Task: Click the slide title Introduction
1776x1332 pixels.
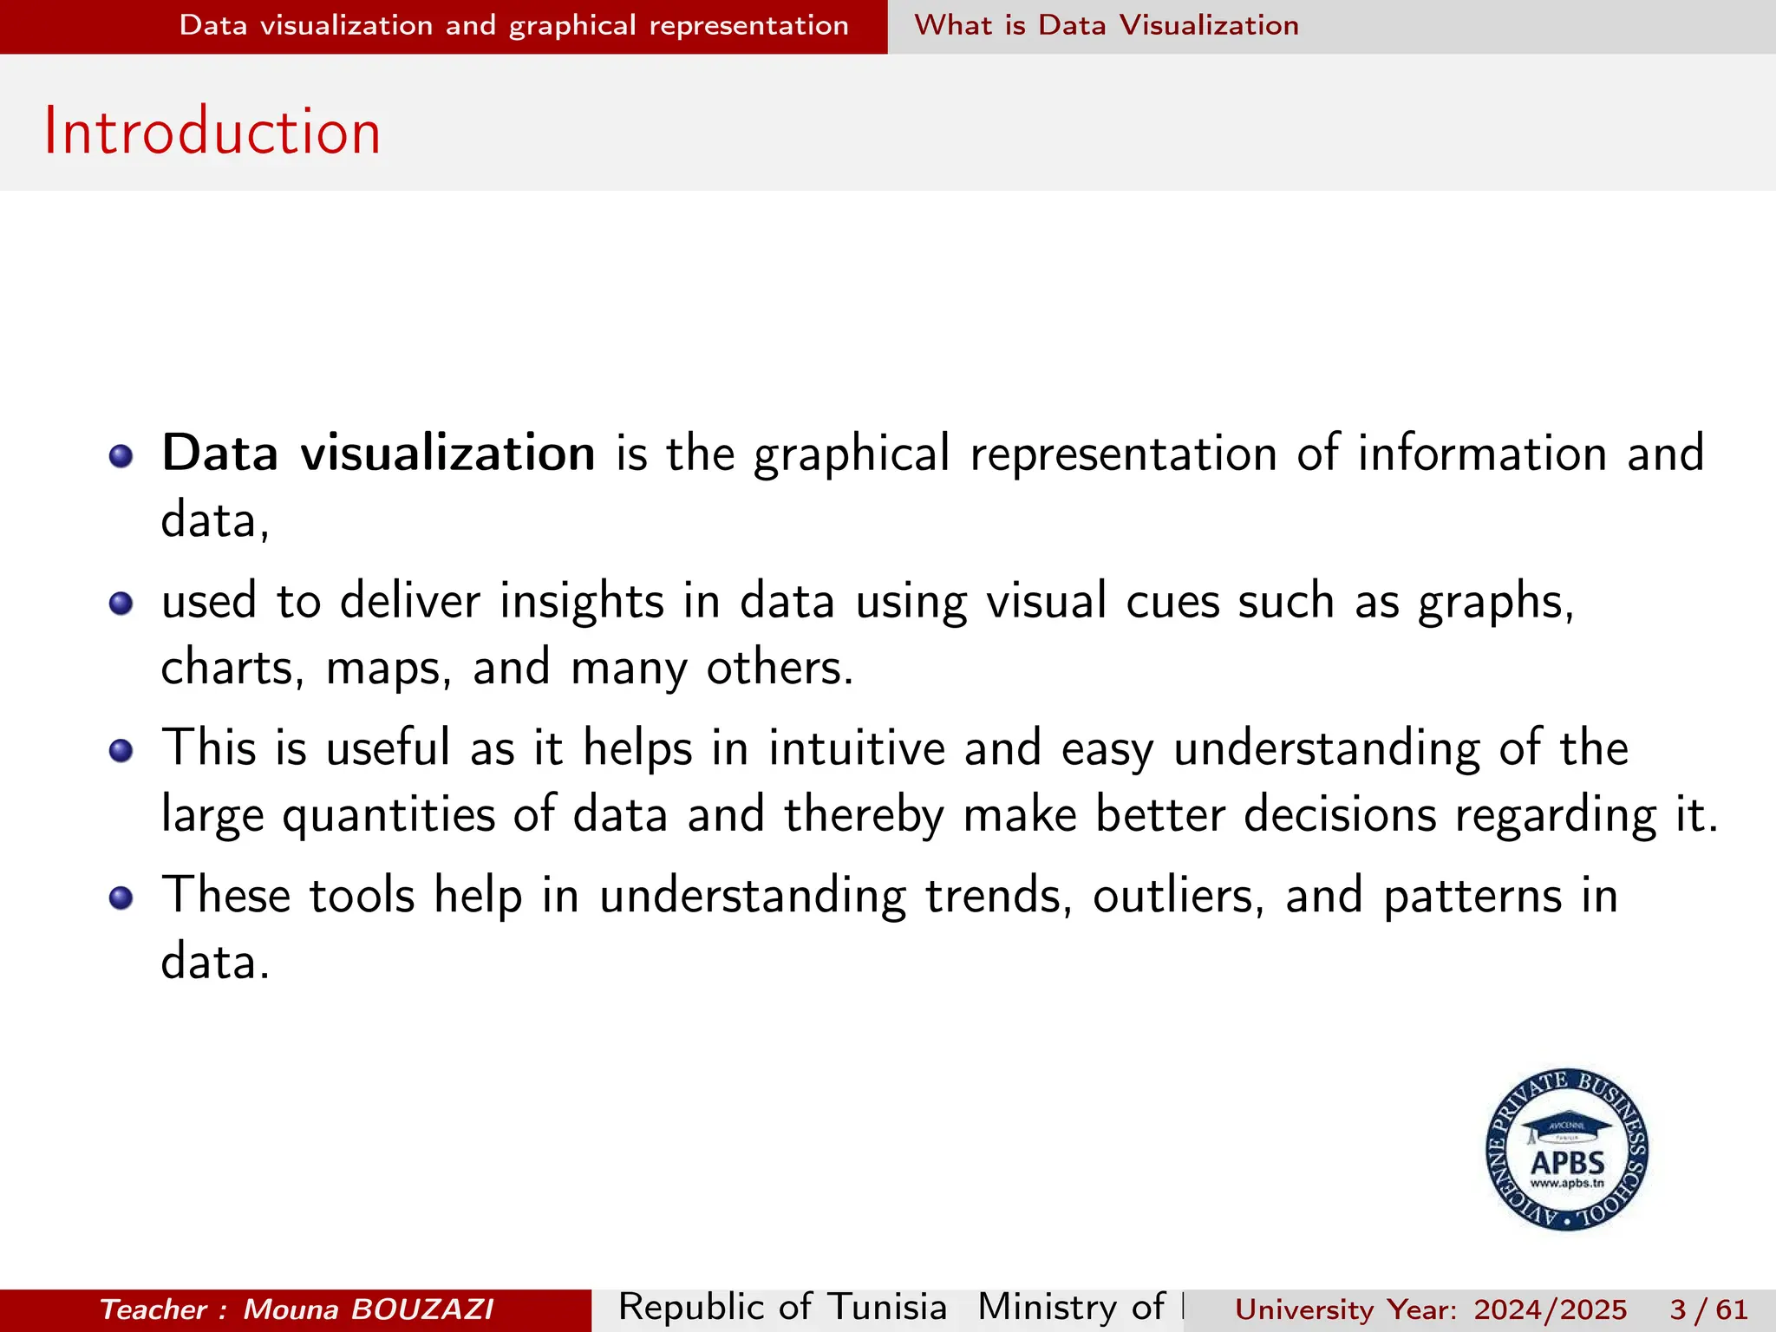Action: (x=212, y=132)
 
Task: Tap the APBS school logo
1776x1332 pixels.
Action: (x=1567, y=1149)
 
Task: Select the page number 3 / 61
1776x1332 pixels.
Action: (x=1708, y=1309)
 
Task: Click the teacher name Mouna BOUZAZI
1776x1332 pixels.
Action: (x=369, y=1309)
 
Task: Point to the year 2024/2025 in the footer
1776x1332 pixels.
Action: (x=1551, y=1309)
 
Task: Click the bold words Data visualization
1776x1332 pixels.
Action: (x=378, y=454)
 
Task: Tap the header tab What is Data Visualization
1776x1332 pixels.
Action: (x=1107, y=26)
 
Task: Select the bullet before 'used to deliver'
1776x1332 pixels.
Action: (x=121, y=603)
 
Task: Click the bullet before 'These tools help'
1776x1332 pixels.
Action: (x=121, y=898)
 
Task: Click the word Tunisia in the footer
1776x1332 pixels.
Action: (x=886, y=1307)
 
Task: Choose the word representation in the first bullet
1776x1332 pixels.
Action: (x=1123, y=454)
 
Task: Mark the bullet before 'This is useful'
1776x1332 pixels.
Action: (x=121, y=750)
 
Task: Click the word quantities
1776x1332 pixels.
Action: (x=388, y=816)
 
